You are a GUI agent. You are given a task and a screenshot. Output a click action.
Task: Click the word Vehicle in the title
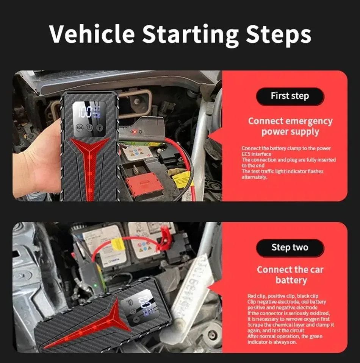click(92, 34)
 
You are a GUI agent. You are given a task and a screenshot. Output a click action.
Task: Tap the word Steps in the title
click(279, 35)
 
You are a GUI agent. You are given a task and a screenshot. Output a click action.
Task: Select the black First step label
click(290, 96)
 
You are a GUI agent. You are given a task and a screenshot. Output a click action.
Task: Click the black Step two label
click(290, 248)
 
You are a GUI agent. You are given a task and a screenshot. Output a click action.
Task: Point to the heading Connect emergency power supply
click(290, 126)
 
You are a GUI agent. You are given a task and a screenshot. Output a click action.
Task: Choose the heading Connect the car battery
click(290, 275)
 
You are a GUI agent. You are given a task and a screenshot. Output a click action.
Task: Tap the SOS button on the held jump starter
click(79, 128)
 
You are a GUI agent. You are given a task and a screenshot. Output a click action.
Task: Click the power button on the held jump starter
click(89, 128)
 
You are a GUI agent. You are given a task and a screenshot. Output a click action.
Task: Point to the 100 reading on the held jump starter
click(85, 112)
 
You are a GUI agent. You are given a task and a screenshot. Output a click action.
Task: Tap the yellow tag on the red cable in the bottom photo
click(118, 245)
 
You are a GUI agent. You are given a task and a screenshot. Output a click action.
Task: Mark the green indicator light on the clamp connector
click(95, 286)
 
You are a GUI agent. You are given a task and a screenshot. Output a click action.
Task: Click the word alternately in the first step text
click(254, 177)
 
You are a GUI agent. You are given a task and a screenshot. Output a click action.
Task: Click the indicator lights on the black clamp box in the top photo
click(136, 132)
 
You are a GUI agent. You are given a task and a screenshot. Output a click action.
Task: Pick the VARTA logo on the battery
click(114, 260)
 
